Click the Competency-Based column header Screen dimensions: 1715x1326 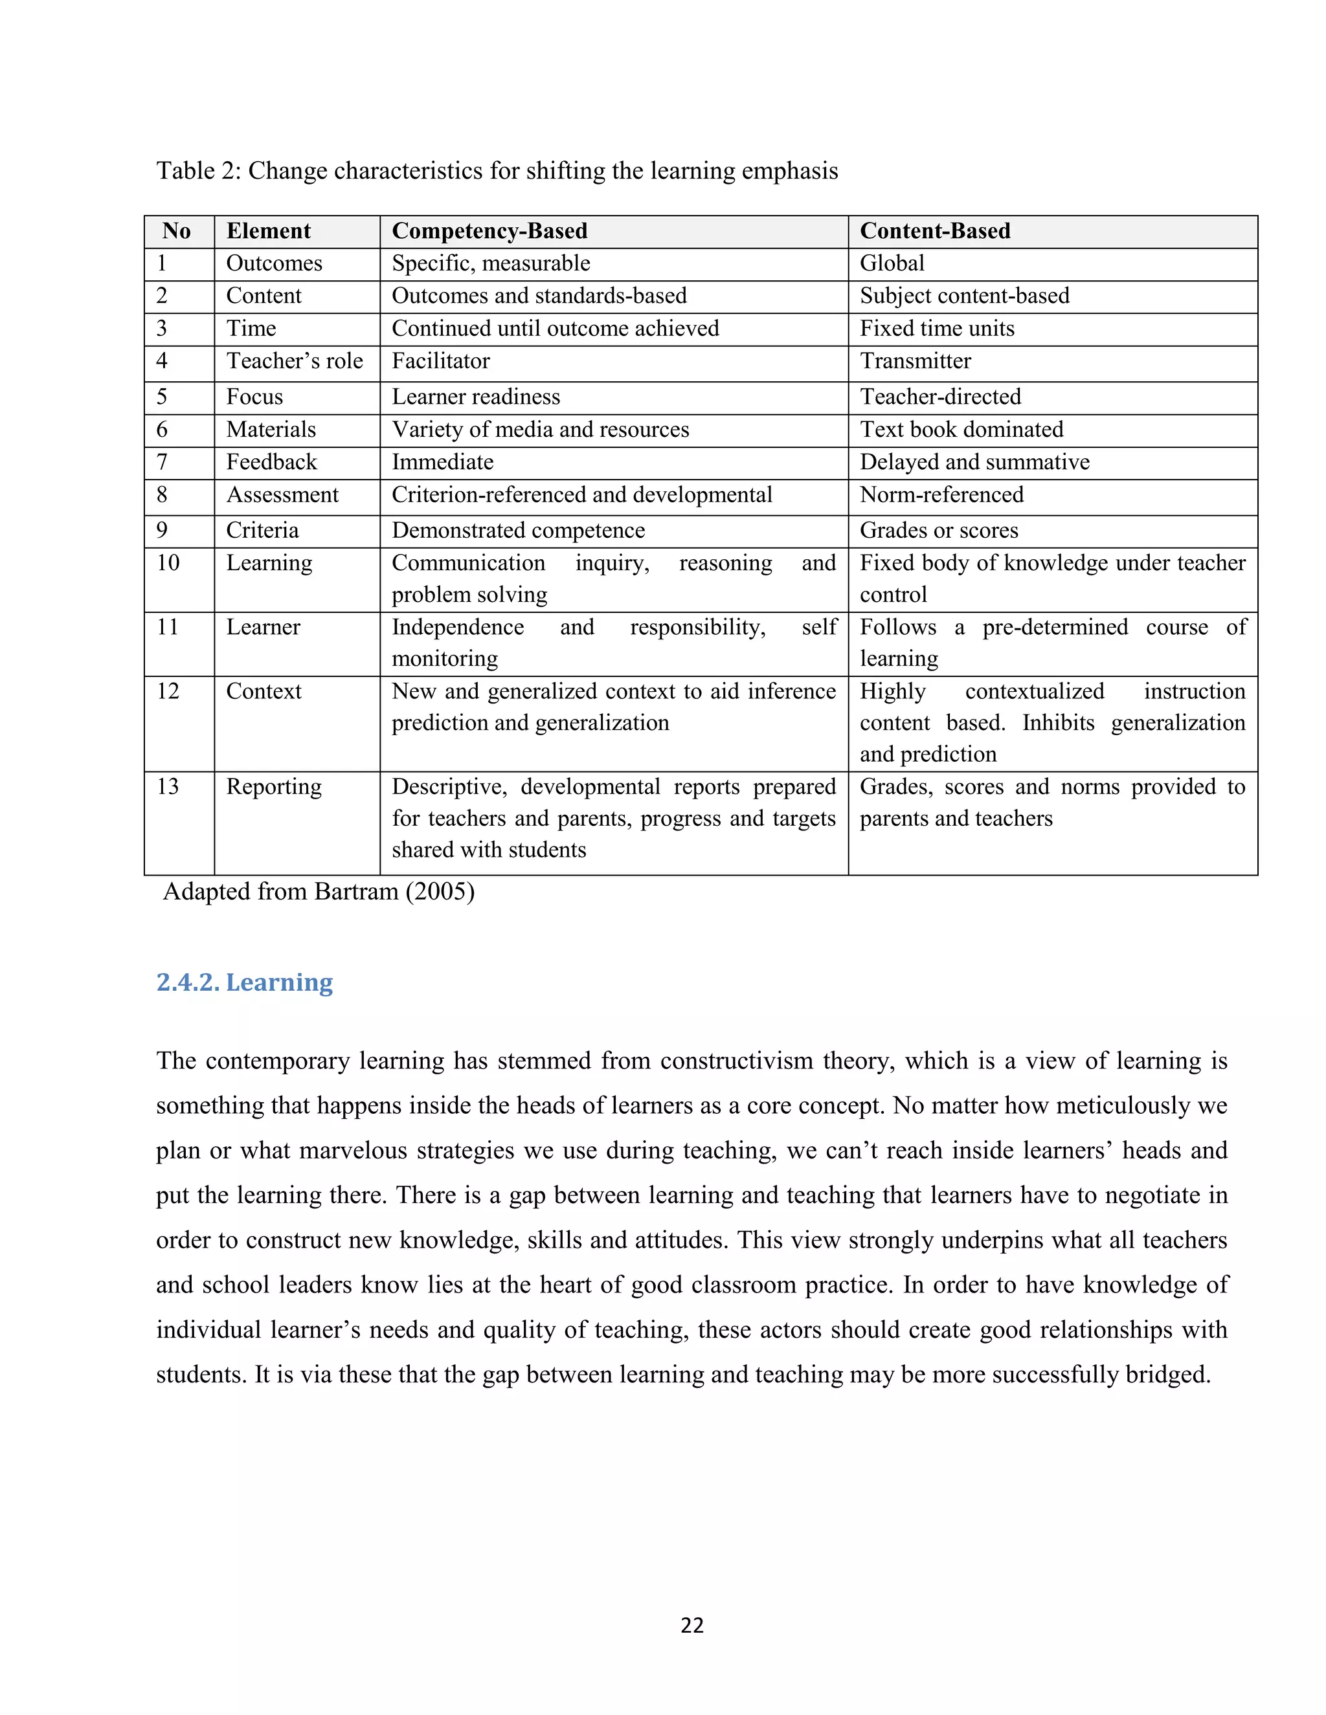click(x=489, y=231)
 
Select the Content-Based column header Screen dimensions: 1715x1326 click(x=935, y=231)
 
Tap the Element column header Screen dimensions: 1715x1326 click(x=269, y=231)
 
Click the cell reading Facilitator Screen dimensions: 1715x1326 click(x=441, y=361)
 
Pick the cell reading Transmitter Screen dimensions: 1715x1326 click(x=915, y=361)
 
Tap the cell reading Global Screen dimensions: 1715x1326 click(x=892, y=263)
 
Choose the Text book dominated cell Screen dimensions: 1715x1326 click(x=961, y=430)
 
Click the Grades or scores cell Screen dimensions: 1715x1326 click(x=939, y=531)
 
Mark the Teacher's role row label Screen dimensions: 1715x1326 click(x=295, y=361)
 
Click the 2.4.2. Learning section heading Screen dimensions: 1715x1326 click(x=244, y=982)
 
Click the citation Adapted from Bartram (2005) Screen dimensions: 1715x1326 click(x=318, y=892)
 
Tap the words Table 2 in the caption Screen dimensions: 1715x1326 click(x=198, y=171)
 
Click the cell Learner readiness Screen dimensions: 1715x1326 click(x=476, y=397)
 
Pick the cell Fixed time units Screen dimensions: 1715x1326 click(x=937, y=328)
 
